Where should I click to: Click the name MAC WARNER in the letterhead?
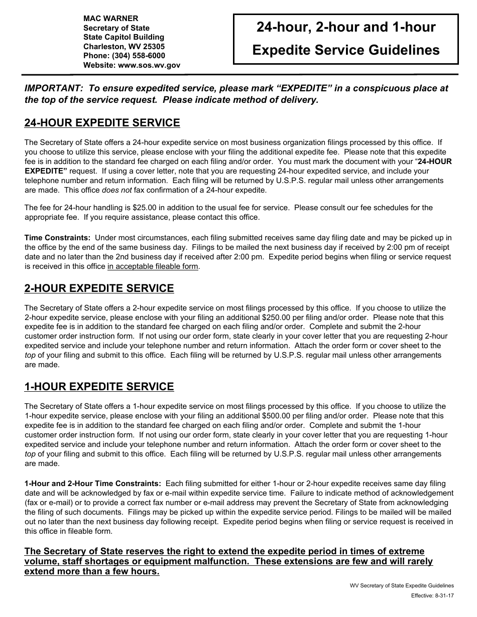point(110,19)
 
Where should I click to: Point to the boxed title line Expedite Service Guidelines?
point(345,50)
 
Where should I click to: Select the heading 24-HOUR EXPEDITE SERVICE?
point(102,123)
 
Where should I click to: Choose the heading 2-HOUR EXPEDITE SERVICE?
point(99,288)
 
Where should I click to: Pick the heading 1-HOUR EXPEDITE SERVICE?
point(99,387)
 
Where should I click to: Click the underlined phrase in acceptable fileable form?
point(153,266)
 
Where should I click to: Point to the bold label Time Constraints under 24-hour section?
point(58,237)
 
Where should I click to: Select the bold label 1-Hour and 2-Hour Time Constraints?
point(93,484)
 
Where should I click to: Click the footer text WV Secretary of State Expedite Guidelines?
point(402,585)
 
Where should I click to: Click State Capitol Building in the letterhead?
point(124,37)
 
